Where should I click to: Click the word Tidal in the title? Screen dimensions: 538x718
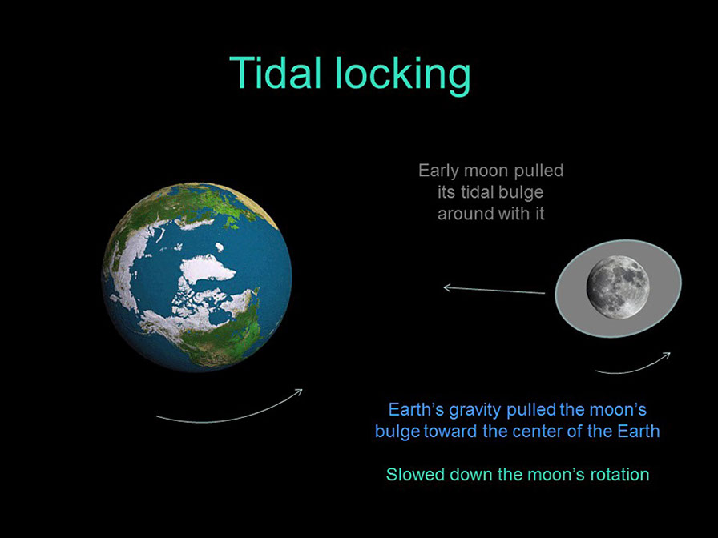pyautogui.click(x=276, y=73)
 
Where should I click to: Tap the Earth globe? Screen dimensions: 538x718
pyautogui.click(x=197, y=277)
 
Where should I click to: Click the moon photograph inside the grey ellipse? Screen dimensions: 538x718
pyautogui.click(x=617, y=286)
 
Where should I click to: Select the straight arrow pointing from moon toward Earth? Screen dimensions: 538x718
pyautogui.click(x=494, y=290)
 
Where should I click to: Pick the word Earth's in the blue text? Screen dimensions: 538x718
pyautogui.click(x=416, y=410)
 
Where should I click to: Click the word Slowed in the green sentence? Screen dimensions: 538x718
pyautogui.click(x=415, y=474)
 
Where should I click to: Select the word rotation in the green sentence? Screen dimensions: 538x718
pyautogui.click(x=616, y=474)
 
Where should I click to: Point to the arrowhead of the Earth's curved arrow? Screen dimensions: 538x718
pyautogui.click(x=299, y=391)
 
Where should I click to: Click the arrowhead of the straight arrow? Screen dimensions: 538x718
pyautogui.click(x=446, y=287)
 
